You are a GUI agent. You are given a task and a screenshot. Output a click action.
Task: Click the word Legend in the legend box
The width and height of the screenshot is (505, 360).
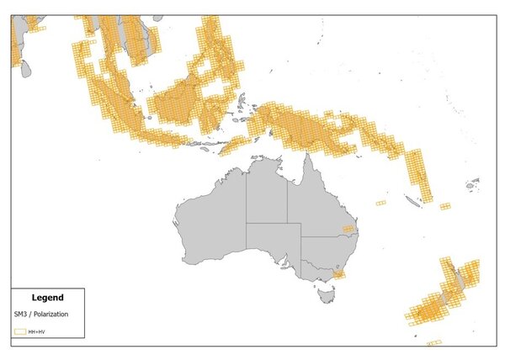46,297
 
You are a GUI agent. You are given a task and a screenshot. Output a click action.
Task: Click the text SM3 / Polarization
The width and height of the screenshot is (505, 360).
40,314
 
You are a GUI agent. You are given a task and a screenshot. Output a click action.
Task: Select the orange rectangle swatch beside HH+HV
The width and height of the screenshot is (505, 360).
19,332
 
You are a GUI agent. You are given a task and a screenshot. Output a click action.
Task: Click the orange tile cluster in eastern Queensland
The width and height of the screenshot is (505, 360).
348,228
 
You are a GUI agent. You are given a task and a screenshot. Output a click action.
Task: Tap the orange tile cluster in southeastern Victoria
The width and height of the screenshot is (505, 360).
338,274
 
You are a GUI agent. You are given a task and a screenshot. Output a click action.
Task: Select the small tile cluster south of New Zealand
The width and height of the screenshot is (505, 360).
434,342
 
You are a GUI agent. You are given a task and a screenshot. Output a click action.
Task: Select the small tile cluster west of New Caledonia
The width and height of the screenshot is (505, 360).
381,203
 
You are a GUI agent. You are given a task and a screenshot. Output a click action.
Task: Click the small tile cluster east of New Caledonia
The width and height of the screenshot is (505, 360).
444,205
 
